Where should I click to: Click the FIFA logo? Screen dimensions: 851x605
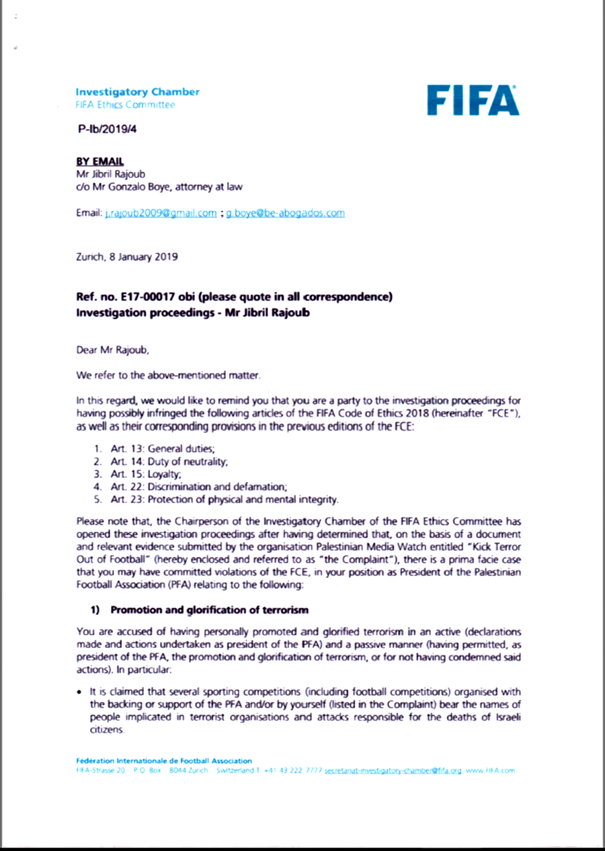(x=473, y=100)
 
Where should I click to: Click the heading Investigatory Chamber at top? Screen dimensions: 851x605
(x=137, y=91)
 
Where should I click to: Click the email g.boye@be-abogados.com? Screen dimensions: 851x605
(x=284, y=213)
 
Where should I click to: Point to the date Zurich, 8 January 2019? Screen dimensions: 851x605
(x=127, y=257)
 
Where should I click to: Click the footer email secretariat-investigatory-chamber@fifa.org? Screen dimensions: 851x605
(x=393, y=771)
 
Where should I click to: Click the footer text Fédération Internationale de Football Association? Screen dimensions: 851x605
(x=164, y=761)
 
